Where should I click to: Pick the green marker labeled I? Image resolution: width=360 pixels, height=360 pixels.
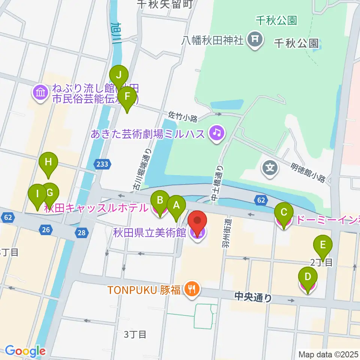(x=37, y=194)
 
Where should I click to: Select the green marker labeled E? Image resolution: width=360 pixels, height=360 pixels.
(x=322, y=246)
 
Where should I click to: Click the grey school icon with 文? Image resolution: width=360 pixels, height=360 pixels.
(x=270, y=167)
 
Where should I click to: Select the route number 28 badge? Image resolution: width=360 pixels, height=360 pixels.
(x=82, y=233)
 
